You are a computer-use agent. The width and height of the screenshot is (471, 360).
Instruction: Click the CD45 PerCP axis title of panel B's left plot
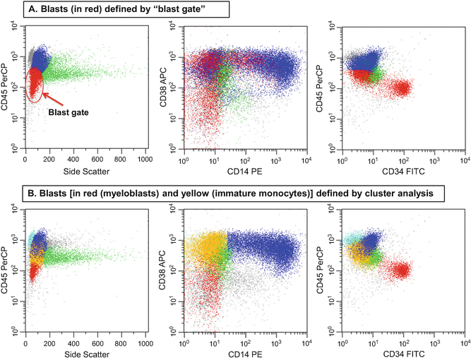tap(7, 268)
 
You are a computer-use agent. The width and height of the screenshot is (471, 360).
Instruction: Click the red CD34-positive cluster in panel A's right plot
tap(403, 88)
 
